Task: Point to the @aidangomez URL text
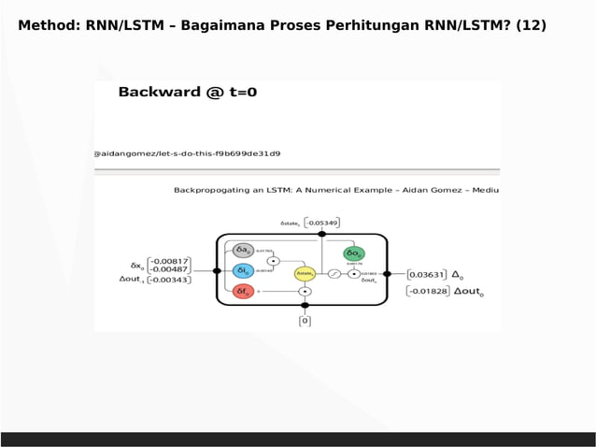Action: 187,152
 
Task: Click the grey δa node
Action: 243,250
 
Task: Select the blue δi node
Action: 243,270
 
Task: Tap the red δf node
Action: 243,291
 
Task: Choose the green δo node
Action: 354,253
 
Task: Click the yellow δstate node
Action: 305,273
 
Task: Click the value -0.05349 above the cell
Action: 322,223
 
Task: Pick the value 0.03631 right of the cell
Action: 428,275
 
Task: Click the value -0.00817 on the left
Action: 169,261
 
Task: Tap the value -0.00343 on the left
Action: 169,280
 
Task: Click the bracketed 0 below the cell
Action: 305,321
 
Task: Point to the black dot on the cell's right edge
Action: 388,274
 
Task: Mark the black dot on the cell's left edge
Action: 218,270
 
